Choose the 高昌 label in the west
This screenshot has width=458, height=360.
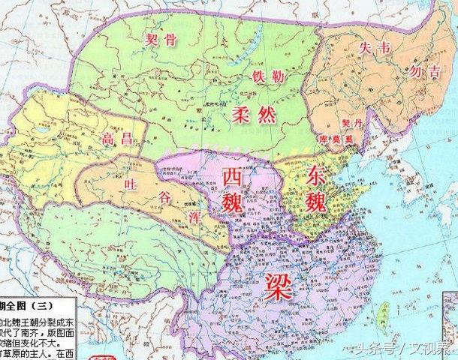[x=116, y=139]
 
